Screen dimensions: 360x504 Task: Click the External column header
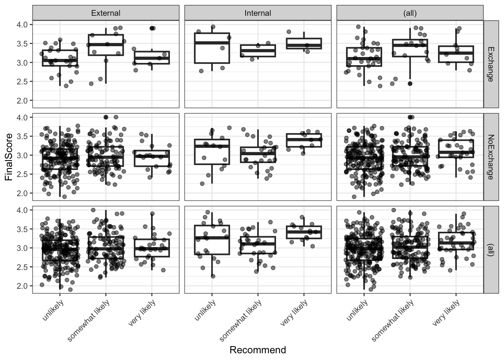[x=106, y=13]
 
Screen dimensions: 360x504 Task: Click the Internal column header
[x=258, y=13]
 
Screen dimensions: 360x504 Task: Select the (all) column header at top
[x=409, y=13]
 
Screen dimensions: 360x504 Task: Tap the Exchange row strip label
[x=490, y=64]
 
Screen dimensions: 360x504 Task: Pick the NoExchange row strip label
[x=490, y=157]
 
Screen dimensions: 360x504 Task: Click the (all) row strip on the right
[x=490, y=249]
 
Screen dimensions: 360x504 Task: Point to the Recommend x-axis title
[x=258, y=350]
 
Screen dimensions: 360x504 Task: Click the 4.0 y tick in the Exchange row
[x=22, y=25]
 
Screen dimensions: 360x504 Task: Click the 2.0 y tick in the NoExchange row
[x=22, y=193]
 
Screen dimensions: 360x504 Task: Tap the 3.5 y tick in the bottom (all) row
[x=22, y=229]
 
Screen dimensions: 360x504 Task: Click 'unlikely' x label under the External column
[x=53, y=310]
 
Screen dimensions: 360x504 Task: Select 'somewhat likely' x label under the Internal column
[x=241, y=321]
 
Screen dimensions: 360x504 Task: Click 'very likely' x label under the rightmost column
[x=446, y=313]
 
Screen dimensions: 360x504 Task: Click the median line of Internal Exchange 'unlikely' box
[x=212, y=43]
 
